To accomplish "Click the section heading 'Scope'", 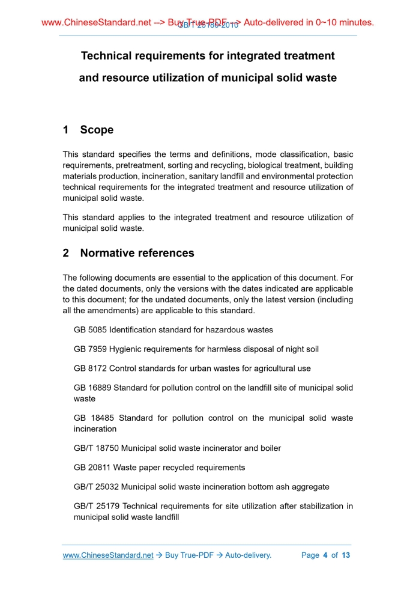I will (x=97, y=130).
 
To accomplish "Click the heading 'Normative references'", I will (x=137, y=253).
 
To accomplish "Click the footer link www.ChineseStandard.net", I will (x=108, y=555).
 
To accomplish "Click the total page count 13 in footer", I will (x=346, y=555).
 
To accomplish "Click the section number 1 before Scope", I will (x=66, y=130).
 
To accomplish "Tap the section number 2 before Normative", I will (x=66, y=253).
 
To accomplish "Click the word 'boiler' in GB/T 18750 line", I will (x=269, y=448).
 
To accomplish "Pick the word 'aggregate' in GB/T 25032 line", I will (x=311, y=486).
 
